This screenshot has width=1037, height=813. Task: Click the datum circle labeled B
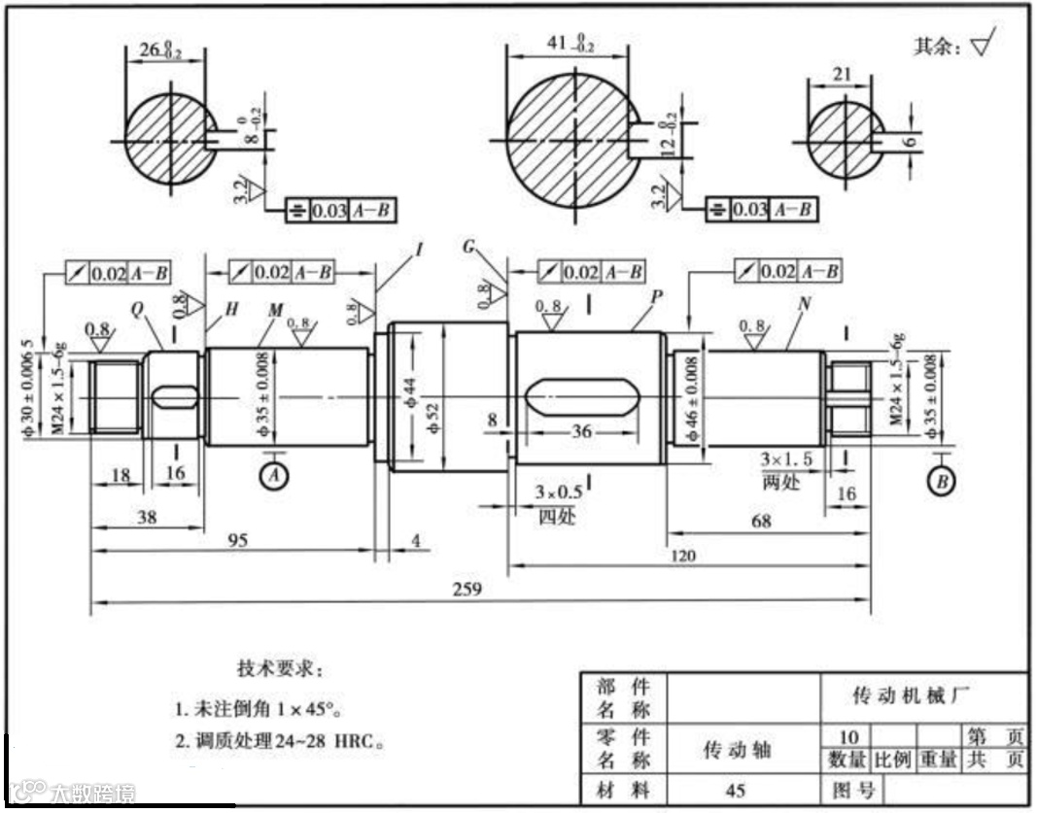940,481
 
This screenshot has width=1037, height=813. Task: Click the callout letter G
469,248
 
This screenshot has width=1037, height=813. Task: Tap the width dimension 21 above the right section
843,74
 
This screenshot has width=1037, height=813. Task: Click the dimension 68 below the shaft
761,522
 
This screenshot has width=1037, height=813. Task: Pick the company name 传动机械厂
911,695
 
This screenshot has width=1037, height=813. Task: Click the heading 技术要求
277,669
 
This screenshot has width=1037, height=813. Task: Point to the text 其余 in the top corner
938,46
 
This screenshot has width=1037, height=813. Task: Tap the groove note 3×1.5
786,457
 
